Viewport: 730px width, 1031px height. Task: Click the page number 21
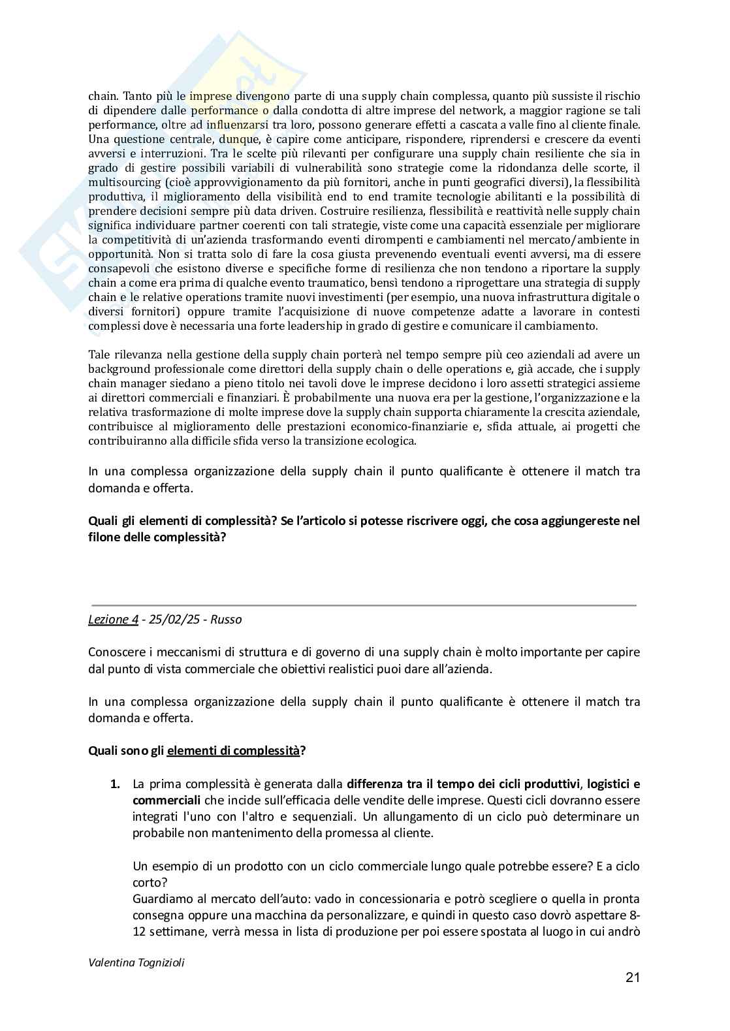tap(632, 977)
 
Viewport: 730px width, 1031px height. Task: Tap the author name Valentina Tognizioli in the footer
tap(136, 962)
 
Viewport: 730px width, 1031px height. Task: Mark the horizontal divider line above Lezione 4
tap(363, 605)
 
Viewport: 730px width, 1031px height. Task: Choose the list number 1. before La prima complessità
tap(115, 784)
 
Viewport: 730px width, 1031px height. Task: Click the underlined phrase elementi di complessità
tap(233, 750)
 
